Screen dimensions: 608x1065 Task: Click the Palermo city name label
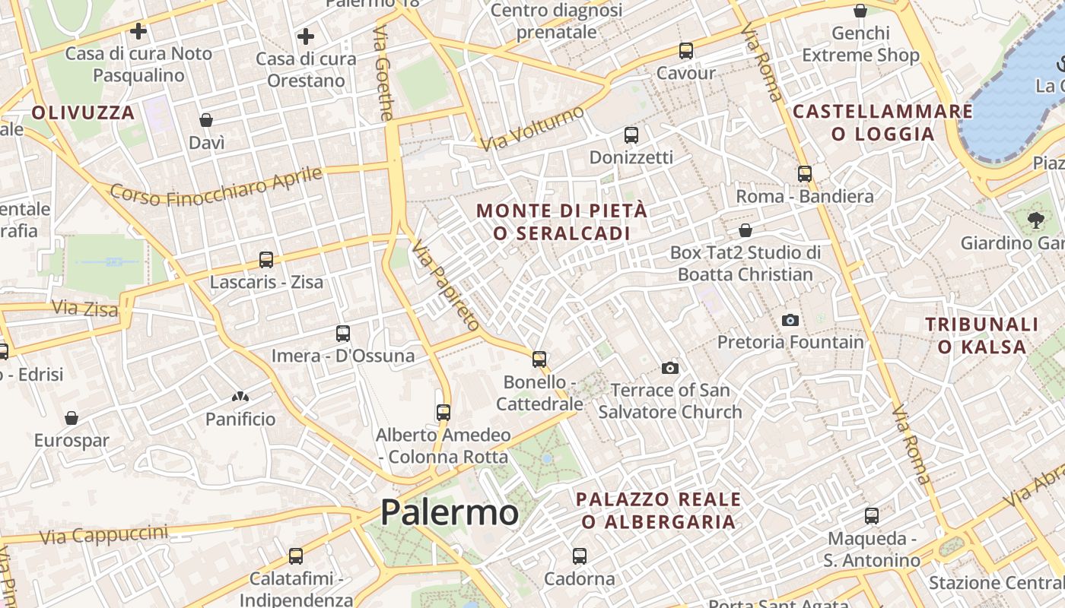(449, 512)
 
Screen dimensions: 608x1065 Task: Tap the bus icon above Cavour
(686, 51)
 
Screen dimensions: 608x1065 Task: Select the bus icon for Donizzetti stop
(631, 135)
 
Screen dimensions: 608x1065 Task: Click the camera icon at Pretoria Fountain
(790, 320)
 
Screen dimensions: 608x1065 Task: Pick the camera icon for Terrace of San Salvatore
(670, 368)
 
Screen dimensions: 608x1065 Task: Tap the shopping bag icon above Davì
(206, 120)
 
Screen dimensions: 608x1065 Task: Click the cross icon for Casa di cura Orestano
(306, 36)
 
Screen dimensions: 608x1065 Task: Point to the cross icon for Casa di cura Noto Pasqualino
(138, 31)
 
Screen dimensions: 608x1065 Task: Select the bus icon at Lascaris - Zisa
(266, 260)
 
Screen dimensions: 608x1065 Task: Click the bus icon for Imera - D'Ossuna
(343, 334)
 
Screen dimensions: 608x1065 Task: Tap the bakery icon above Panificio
(240, 397)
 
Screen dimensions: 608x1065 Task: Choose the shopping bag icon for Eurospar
(72, 418)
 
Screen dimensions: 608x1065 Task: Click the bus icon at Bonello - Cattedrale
(539, 359)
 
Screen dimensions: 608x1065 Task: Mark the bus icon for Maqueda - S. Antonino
(872, 516)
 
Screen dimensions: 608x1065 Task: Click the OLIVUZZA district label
(83, 113)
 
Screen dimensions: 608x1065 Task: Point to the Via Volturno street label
(532, 127)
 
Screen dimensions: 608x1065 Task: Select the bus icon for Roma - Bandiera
(805, 174)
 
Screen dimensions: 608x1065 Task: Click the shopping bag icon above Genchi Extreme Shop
(860, 11)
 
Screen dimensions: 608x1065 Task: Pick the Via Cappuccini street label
(103, 534)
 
